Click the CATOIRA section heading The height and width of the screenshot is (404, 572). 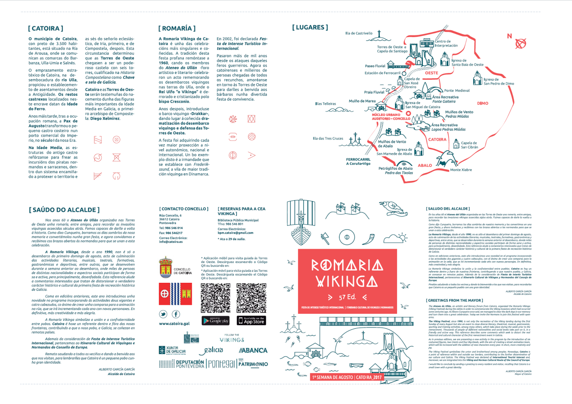pos(46,28)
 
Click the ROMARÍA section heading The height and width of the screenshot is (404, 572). pos(177,28)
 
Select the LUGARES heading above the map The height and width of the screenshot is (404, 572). pos(310,27)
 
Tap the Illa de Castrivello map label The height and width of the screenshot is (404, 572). pos(359,33)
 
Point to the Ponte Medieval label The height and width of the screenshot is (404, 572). pos(457,90)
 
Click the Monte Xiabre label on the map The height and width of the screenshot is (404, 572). pos(461,170)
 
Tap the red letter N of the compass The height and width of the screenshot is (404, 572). pos(509,36)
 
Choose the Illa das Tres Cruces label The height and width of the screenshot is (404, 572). pos(328,138)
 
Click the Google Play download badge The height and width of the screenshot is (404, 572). pos(216,321)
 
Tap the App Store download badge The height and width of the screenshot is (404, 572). pos(251,320)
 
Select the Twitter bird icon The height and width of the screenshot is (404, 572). pos(163,314)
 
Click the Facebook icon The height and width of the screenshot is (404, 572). pos(176,314)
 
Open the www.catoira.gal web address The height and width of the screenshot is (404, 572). pos(174,324)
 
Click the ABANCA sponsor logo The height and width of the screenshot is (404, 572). pos(253,350)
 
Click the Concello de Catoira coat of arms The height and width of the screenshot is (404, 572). pos(166,267)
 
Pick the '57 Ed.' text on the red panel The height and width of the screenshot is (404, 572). pos(347,297)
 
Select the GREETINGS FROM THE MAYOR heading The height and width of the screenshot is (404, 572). pos(454,300)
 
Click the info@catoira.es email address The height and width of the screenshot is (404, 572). pos(171,242)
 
